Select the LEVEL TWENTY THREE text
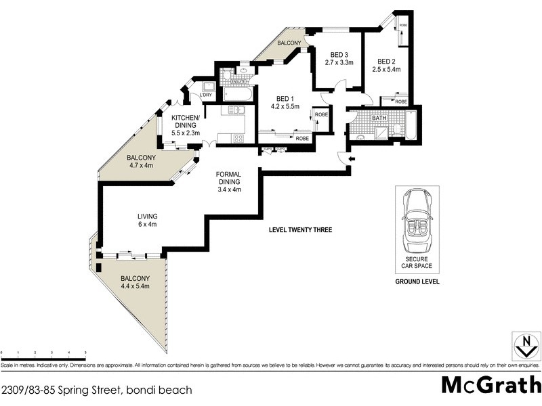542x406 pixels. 300,230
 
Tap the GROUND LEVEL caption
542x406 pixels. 417,281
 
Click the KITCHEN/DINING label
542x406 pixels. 185,125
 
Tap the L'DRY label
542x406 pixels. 205,95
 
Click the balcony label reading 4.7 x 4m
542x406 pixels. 140,162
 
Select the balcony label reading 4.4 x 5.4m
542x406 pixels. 134,282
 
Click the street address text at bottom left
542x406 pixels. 96,390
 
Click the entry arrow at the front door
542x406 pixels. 350,159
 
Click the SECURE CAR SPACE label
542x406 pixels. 417,263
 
